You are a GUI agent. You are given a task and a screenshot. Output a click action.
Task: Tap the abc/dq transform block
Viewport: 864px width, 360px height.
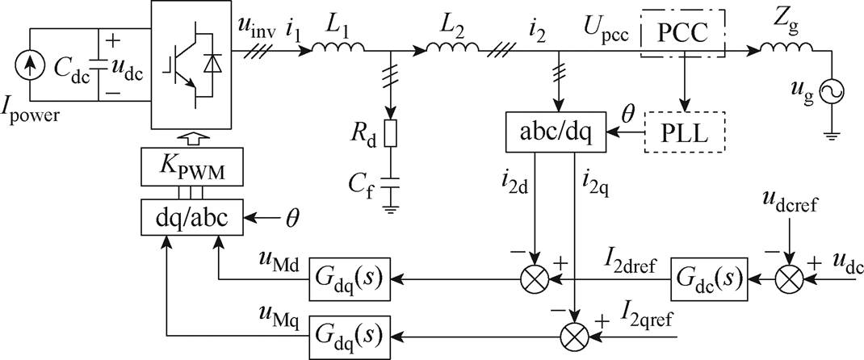(556, 132)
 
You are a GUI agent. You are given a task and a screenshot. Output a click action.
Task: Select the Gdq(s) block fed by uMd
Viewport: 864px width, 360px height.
(349, 278)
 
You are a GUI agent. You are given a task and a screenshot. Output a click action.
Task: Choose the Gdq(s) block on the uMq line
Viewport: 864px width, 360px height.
(349, 333)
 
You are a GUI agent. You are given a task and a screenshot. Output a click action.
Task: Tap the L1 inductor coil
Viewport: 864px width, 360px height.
(338, 48)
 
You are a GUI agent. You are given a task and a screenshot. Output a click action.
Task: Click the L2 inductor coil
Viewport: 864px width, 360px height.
(453, 48)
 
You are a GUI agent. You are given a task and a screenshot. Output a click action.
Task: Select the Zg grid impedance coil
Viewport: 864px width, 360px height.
(786, 48)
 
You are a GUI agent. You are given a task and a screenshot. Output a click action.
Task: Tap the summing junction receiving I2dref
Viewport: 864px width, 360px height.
(535, 279)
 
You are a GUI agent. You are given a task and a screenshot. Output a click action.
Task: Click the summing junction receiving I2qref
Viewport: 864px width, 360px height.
(574, 333)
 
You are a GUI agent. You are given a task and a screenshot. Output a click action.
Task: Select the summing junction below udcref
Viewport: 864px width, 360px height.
(789, 279)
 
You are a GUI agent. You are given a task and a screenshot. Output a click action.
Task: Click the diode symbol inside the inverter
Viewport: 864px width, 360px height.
(211, 65)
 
